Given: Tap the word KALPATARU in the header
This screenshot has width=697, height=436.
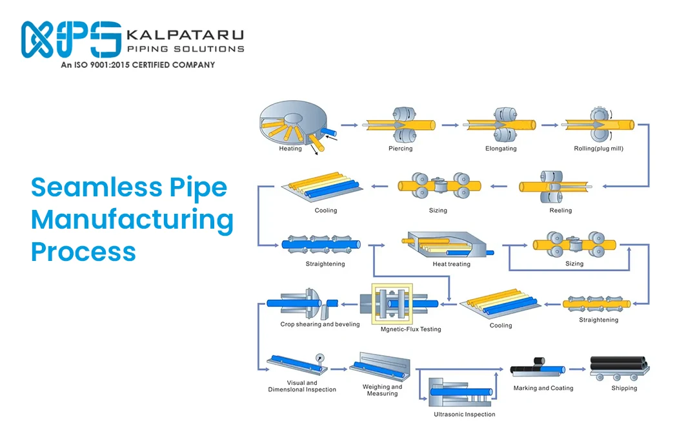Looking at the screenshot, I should [x=185, y=34].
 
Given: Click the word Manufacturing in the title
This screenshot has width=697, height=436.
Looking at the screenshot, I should [x=132, y=220].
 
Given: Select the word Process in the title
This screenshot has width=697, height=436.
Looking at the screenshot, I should [x=83, y=251].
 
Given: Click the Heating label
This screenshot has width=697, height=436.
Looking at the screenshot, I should [x=290, y=149].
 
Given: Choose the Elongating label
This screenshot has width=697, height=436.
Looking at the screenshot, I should [x=501, y=149].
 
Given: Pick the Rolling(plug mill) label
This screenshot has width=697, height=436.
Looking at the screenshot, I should [x=598, y=149].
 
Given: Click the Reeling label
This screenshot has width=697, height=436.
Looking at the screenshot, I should [x=560, y=211].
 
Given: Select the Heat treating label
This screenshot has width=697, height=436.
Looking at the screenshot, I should [x=451, y=264].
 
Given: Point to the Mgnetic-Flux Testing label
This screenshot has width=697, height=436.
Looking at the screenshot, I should [x=410, y=329].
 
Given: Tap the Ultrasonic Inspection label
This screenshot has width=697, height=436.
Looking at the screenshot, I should [x=464, y=414].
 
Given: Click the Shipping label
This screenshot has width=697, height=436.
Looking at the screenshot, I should [x=623, y=388].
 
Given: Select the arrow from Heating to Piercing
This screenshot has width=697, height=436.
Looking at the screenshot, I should [x=349, y=125].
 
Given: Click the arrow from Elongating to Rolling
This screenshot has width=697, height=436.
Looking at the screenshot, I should [x=550, y=125].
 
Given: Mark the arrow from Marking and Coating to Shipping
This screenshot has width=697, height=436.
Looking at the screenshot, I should [x=576, y=369].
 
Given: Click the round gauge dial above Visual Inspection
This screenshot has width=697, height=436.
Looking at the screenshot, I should [x=320, y=357].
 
